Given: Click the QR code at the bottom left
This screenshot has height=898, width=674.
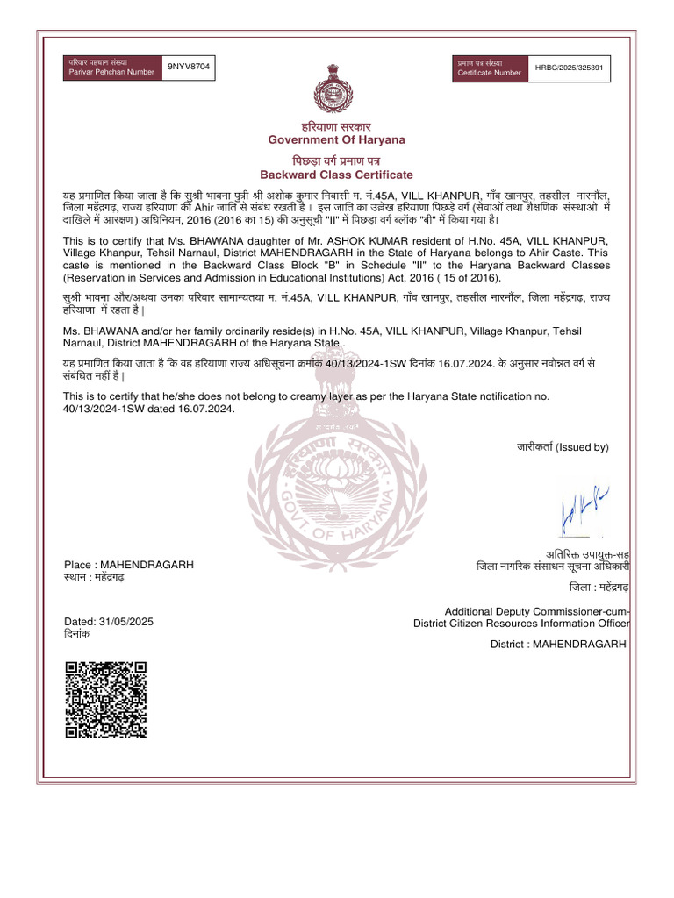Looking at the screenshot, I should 104,699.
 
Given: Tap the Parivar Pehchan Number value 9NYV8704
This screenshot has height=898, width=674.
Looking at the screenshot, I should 189,67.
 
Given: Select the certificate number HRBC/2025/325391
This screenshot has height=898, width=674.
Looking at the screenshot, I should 571,68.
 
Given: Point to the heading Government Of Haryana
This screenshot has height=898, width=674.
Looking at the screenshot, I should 336,140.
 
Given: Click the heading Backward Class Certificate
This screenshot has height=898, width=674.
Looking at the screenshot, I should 336,175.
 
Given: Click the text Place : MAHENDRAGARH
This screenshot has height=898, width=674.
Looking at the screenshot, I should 129,564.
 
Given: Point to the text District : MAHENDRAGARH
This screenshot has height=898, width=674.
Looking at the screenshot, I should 558,645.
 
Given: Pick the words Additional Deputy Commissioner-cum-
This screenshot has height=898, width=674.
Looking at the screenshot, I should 537,611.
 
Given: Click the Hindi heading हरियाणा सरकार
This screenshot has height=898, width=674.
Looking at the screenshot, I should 336,127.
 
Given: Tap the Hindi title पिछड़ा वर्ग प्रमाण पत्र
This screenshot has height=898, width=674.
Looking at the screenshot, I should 336,161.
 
